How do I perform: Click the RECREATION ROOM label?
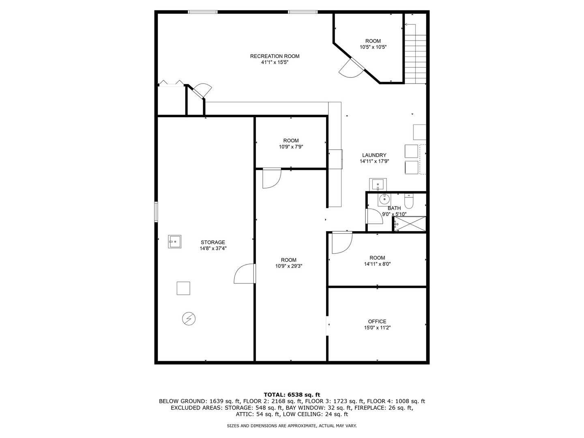pyautogui.click(x=275, y=56)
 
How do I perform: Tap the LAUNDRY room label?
pyautogui.click(x=374, y=155)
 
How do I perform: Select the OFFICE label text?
pyautogui.click(x=377, y=321)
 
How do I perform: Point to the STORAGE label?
pyautogui.click(x=213, y=242)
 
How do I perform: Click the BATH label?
pyautogui.click(x=394, y=208)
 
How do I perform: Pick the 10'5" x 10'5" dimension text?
pyautogui.click(x=373, y=47)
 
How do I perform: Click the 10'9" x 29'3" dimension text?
pyautogui.click(x=289, y=266)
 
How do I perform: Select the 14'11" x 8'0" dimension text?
pyautogui.click(x=377, y=264)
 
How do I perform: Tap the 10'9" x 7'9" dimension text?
pyautogui.click(x=291, y=146)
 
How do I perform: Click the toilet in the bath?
pyautogui.click(x=408, y=201)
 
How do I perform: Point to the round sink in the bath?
pyautogui.click(x=384, y=199)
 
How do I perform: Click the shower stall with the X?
pyautogui.click(x=410, y=223)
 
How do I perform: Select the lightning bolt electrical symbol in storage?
pyautogui.click(x=189, y=318)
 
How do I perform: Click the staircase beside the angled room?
pyautogui.click(x=415, y=54)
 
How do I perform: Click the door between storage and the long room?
pyautogui.click(x=245, y=273)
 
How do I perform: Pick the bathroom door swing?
pyautogui.click(x=374, y=216)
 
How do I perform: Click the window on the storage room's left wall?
pyautogui.click(x=156, y=212)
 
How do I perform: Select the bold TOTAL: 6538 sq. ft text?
pyautogui.click(x=292, y=395)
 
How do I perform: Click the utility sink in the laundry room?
pyautogui.click(x=378, y=184)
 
